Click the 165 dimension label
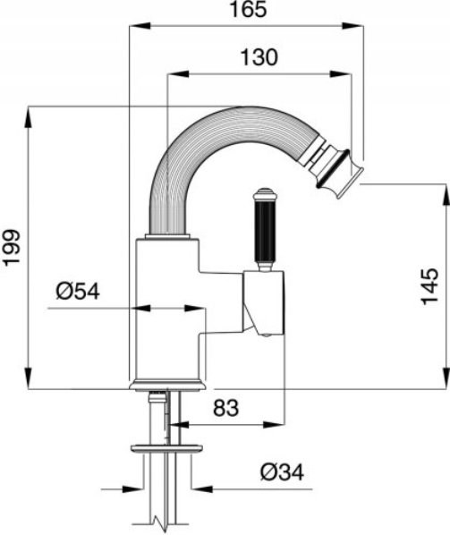point(248,9)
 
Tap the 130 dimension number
point(259,57)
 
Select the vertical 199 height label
point(12,248)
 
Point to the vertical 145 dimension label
point(429,286)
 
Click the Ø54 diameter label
point(78,292)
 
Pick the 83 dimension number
point(226,408)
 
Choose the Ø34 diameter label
point(282,472)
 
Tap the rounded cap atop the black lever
point(265,192)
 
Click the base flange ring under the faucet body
point(168,385)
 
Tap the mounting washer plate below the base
point(166,448)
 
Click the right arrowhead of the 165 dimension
point(353,26)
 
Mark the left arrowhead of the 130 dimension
point(178,74)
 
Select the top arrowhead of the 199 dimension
point(29,118)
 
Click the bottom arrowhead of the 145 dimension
point(446,378)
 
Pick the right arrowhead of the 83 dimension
point(274,425)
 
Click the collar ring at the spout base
point(167,236)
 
